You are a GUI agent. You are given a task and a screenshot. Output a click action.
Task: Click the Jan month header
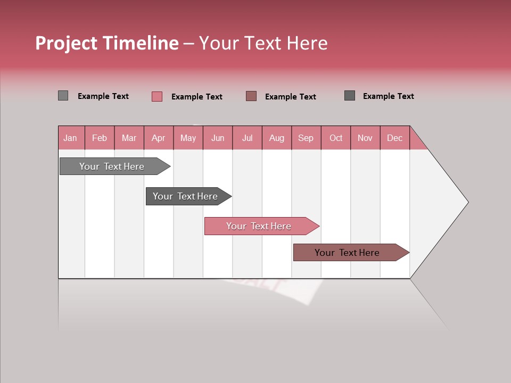[71, 138]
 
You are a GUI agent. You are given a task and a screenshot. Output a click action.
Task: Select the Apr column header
[158, 138]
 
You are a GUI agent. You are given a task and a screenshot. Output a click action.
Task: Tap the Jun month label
[218, 138]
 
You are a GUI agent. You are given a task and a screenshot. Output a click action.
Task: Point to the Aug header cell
[276, 138]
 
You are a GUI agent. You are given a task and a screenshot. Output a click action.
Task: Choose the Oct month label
[336, 138]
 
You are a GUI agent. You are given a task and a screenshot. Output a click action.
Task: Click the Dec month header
[394, 138]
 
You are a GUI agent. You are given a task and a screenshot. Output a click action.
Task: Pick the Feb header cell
[100, 138]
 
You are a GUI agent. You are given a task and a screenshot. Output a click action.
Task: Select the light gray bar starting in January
[112, 166]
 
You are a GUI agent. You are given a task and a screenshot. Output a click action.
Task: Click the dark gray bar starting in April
[186, 196]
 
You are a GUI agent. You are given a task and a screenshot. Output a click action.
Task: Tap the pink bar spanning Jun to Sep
[259, 226]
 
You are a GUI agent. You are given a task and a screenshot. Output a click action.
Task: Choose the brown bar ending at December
[348, 253]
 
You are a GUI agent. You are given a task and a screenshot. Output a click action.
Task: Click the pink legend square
[157, 96]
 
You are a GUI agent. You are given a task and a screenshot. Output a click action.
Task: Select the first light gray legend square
[63, 96]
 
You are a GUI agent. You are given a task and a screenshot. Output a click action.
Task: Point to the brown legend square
[251, 96]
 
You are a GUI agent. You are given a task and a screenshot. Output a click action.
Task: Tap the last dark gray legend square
[350, 96]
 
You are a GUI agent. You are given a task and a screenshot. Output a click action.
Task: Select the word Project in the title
[66, 43]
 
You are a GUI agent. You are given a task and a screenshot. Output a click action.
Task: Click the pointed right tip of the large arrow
[466, 202]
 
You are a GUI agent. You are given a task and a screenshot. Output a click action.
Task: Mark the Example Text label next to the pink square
[197, 97]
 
